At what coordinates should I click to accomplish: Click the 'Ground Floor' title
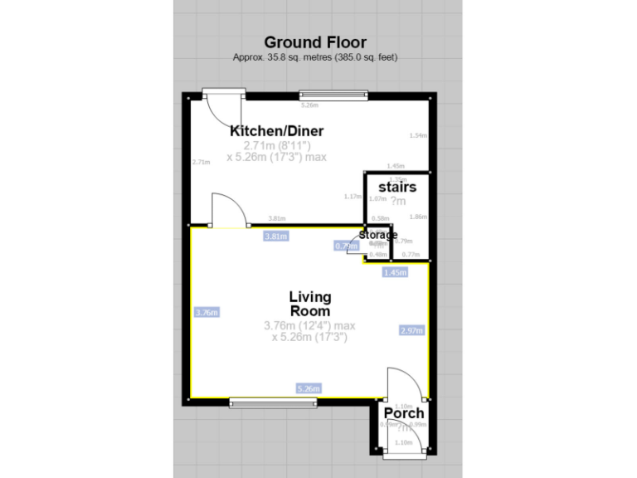[314, 41]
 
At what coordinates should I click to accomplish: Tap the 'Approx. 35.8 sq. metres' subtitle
[314, 57]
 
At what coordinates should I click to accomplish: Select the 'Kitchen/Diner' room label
[276, 131]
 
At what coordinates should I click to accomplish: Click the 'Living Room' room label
[310, 304]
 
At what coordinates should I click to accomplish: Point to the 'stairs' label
[396, 188]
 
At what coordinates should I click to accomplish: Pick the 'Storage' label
[377, 235]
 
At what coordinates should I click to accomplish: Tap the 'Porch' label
[404, 412]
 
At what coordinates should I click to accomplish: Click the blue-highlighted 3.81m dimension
[275, 236]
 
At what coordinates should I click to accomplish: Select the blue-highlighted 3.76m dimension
[206, 313]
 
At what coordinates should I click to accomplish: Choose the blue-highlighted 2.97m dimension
[411, 330]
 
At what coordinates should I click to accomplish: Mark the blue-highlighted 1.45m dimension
[395, 272]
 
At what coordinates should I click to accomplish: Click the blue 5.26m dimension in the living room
[309, 388]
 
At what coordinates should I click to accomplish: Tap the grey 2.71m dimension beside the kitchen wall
[201, 162]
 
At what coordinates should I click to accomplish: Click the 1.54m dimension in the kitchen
[418, 136]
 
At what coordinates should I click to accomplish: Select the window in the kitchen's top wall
[332, 95]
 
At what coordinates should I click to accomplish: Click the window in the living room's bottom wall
[273, 403]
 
